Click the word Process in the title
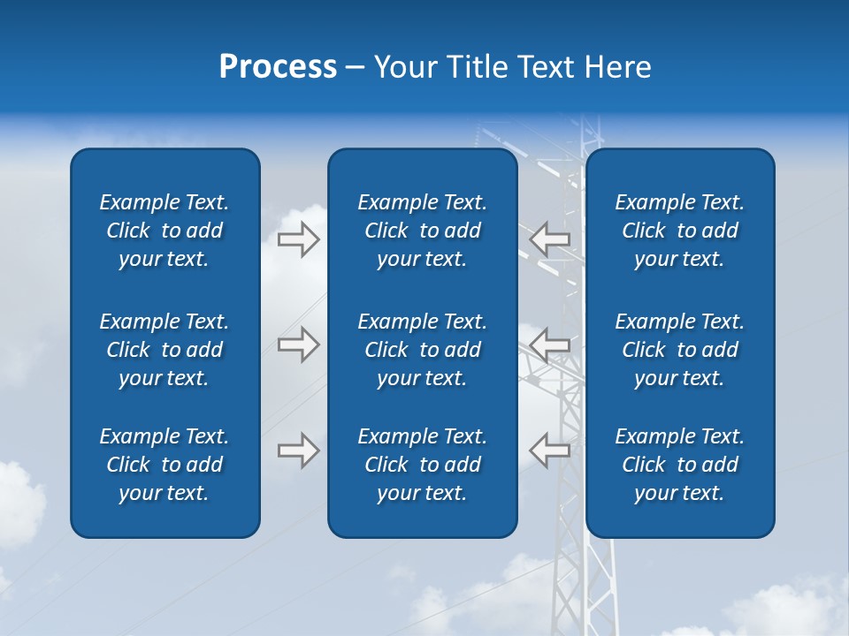278,67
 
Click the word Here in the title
616,67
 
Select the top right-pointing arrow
298,239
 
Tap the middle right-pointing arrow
298,344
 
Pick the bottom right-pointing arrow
298,450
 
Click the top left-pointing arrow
550,239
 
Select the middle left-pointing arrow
550,344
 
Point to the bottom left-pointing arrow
550,450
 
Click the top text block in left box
164,231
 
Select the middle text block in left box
164,350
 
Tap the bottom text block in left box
164,465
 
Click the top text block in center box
423,231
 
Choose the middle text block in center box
423,350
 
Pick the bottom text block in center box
423,465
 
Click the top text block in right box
680,231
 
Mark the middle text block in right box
680,350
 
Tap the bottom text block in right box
680,465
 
